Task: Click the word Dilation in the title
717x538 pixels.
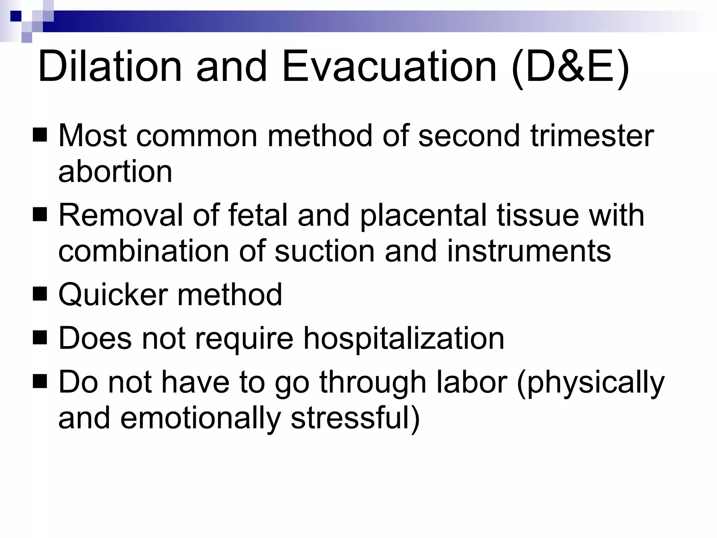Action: click(110, 67)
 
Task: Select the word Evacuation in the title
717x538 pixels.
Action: click(389, 67)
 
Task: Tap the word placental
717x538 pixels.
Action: click(424, 216)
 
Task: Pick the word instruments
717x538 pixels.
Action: click(529, 251)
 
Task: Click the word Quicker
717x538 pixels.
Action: click(113, 295)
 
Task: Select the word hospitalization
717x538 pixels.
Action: click(403, 339)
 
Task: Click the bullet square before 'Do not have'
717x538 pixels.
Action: click(40, 382)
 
